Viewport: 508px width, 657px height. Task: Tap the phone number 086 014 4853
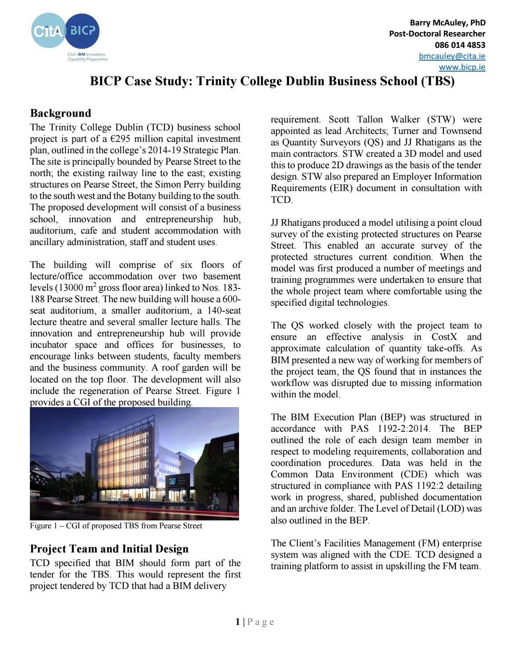[460, 45]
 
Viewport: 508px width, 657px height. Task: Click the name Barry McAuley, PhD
[447, 23]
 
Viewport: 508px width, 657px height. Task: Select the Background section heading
[60, 113]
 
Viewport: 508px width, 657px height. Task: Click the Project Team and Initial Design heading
[109, 549]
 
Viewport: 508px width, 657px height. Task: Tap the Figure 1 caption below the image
[116, 526]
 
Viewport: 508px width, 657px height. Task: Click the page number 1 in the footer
[238, 622]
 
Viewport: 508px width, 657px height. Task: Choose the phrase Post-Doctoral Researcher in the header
[437, 34]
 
